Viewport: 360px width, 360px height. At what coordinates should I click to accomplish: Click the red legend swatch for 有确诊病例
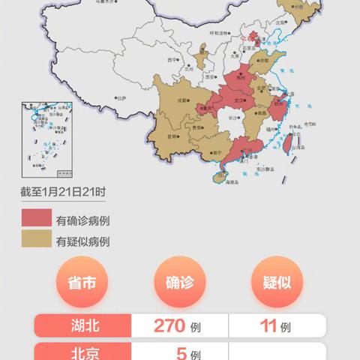pos(35,220)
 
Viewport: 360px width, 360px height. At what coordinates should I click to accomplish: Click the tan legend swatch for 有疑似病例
pos(35,241)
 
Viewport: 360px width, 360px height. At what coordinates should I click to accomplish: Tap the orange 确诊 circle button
pos(180,283)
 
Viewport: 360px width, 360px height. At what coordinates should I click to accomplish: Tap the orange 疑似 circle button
pos(277,283)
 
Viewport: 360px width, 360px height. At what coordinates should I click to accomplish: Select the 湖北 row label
pos(82,326)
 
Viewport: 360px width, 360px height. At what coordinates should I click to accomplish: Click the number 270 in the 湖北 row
pos(170,326)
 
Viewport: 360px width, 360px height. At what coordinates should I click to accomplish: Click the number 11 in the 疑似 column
pos(268,326)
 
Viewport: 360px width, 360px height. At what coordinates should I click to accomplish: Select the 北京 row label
pos(82,352)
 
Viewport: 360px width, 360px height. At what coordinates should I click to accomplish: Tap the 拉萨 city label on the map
pos(120,97)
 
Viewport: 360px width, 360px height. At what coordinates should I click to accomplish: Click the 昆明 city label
pos(174,137)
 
